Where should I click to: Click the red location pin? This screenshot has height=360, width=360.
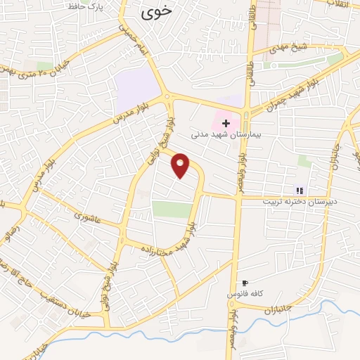point(181,165)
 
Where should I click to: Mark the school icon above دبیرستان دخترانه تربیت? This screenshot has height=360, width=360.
point(300,190)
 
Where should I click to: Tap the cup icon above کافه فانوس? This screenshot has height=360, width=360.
point(245,282)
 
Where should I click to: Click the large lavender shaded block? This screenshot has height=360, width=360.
point(136,91)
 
